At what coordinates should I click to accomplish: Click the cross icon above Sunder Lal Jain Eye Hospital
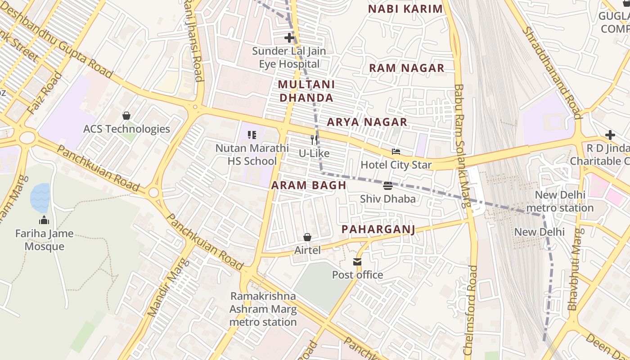click(x=289, y=38)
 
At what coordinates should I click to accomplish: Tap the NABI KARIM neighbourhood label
click(x=405, y=9)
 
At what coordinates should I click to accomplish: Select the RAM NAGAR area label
click(x=407, y=68)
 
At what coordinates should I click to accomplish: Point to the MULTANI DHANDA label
click(x=306, y=91)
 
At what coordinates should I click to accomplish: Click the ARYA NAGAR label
click(x=367, y=122)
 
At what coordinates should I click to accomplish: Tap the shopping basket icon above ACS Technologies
click(x=126, y=116)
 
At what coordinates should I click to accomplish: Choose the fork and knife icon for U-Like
click(x=314, y=140)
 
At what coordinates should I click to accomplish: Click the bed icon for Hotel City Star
click(x=396, y=152)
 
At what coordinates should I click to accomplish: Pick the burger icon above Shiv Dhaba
click(x=387, y=186)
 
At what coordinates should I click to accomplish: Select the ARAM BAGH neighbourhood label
click(x=309, y=185)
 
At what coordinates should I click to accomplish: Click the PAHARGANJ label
click(x=378, y=229)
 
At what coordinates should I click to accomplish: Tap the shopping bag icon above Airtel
click(x=307, y=237)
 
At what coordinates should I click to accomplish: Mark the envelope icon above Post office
click(x=357, y=262)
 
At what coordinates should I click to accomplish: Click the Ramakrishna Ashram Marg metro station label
click(x=263, y=309)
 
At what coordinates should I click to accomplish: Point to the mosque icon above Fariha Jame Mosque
click(x=44, y=220)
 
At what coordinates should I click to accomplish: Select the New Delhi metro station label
click(x=560, y=202)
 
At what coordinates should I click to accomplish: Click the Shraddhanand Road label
click(x=551, y=72)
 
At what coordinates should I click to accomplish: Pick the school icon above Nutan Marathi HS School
click(x=252, y=135)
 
